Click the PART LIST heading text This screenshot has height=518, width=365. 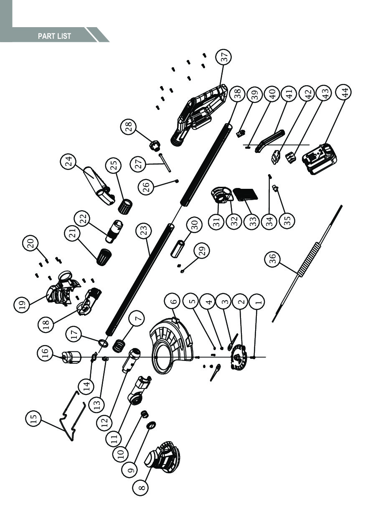pyautogui.click(x=54, y=36)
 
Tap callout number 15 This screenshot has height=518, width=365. pyautogui.click(x=34, y=418)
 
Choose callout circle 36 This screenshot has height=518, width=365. pyautogui.click(x=273, y=260)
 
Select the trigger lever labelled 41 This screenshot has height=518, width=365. pyautogui.click(x=270, y=140)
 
